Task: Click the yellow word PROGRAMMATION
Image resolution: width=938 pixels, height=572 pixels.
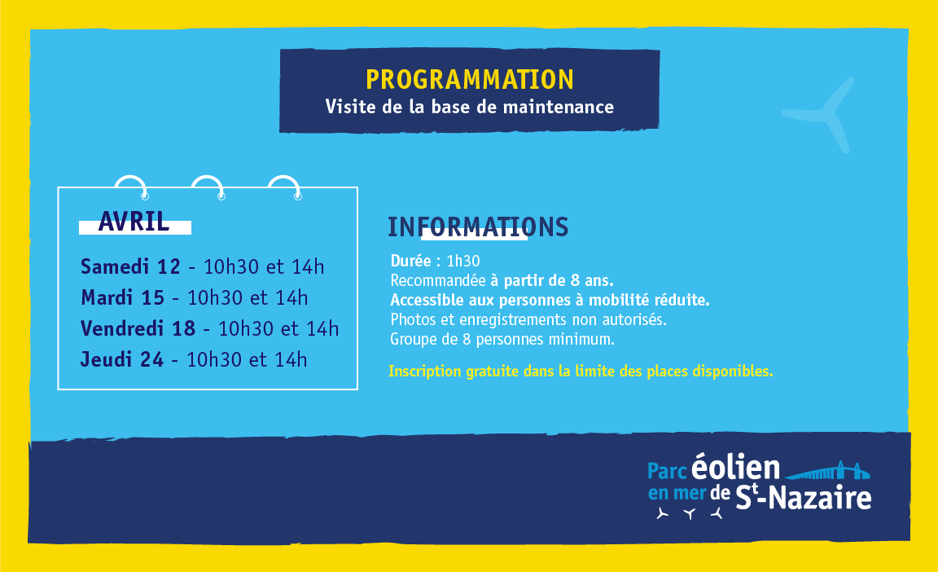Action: tap(470, 80)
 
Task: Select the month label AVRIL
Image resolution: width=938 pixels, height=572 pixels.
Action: tap(134, 222)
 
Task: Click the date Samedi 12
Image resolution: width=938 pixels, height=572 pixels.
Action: tap(130, 266)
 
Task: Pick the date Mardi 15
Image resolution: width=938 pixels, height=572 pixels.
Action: tap(123, 297)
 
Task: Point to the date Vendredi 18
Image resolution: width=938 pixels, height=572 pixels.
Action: tap(138, 328)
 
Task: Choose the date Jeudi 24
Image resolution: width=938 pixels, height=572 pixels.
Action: tap(121, 359)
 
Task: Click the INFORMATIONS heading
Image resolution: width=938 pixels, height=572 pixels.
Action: tap(478, 227)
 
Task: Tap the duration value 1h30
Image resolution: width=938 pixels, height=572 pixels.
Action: tap(463, 261)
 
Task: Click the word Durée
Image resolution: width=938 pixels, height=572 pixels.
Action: tap(411, 261)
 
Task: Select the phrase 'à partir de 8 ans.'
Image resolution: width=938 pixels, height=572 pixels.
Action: tap(551, 280)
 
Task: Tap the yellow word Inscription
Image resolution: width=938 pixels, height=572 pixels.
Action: tap(425, 372)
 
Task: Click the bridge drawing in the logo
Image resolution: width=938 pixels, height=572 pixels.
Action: tap(827, 471)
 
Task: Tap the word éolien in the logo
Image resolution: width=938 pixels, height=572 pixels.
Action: tap(736, 467)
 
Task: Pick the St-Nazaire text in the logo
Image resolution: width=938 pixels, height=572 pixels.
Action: tap(803, 497)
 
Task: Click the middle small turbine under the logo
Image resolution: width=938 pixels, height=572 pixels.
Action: tap(690, 513)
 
